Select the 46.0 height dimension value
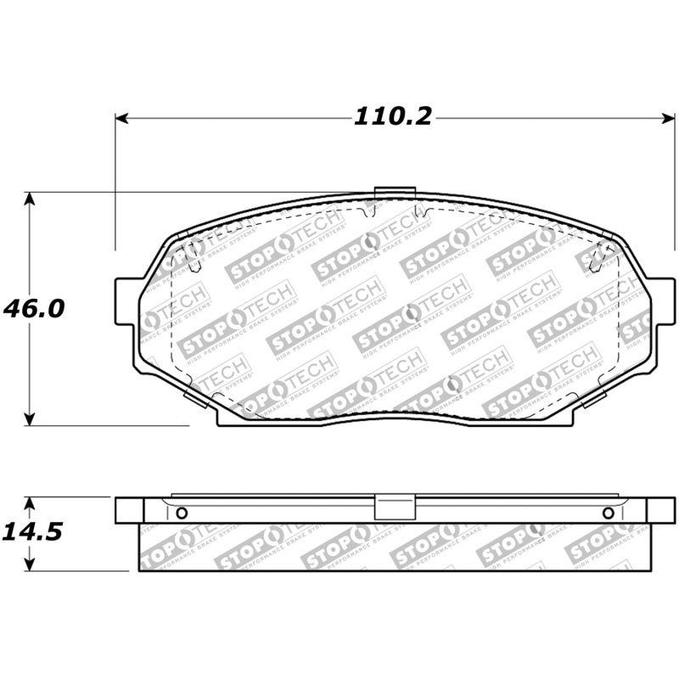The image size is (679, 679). tap(33, 307)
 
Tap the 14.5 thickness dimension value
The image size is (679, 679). tap(33, 532)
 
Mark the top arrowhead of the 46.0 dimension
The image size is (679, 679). tap(30, 199)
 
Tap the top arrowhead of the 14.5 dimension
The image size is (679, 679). tap(30, 502)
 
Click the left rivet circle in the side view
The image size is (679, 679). tap(181, 513)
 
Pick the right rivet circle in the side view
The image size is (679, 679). tap(608, 513)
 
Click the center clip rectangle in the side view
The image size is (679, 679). tap(393, 508)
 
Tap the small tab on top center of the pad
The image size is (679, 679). tap(393, 192)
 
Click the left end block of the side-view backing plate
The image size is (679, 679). tap(128, 510)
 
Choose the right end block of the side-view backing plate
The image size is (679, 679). tap(660, 510)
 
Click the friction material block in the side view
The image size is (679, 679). tap(393, 547)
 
